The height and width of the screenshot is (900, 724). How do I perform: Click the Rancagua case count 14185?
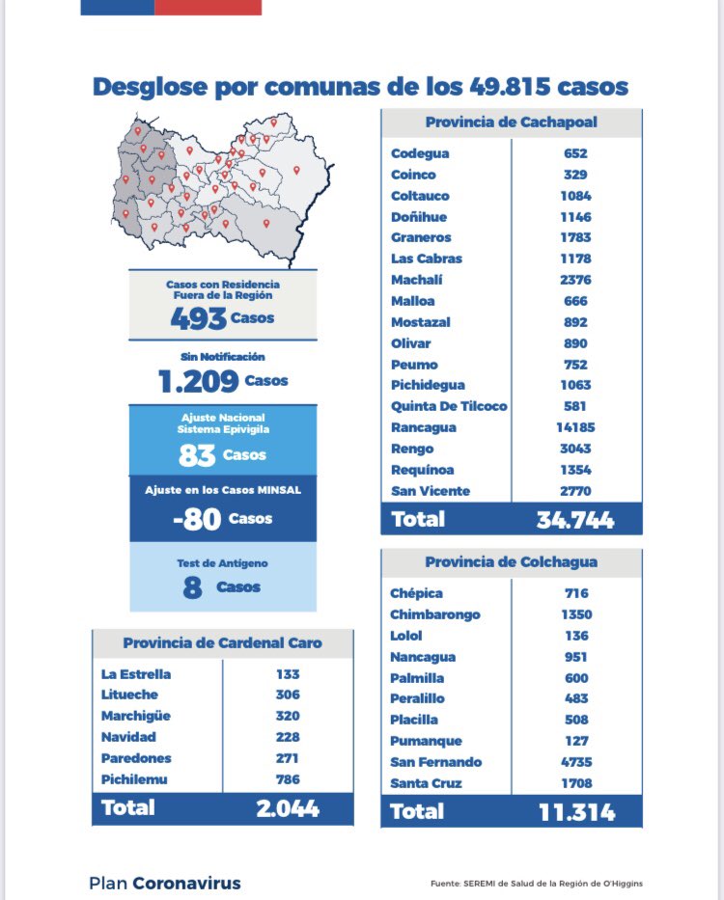pos(576,427)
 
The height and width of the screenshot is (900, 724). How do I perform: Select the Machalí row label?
pos(417,280)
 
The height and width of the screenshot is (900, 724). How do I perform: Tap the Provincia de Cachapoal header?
pos(511,123)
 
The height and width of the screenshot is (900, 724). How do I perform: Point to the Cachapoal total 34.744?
pos(575,520)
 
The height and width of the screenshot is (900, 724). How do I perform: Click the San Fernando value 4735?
pos(576,762)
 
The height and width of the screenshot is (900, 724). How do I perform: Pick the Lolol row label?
pos(407,636)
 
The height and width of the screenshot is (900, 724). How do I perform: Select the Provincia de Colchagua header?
pos(511,562)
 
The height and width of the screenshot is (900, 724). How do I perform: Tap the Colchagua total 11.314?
pos(575,812)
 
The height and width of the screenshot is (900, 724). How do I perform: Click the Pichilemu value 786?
pos(287,779)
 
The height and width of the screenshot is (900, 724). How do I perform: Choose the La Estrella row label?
pos(134,674)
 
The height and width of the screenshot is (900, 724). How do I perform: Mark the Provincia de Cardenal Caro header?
pos(223,643)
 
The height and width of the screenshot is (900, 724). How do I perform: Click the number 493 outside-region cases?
pos(199,318)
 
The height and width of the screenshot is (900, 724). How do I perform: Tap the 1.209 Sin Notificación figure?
pos(199,381)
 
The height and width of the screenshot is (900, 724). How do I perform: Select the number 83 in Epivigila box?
pos(197,455)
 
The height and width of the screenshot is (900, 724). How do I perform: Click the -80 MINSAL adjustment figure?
pos(197,519)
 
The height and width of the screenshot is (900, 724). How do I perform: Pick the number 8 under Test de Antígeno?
pos(192,587)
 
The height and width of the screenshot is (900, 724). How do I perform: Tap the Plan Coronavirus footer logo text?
pos(164,883)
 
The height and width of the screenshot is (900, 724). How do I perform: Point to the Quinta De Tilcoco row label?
pos(449,406)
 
